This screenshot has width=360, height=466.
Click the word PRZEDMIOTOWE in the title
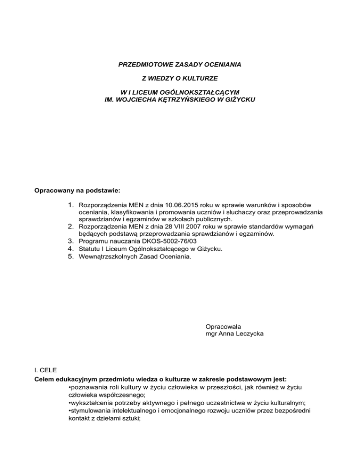139,62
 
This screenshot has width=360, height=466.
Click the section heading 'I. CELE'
47,370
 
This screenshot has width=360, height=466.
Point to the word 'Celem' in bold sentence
46,379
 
